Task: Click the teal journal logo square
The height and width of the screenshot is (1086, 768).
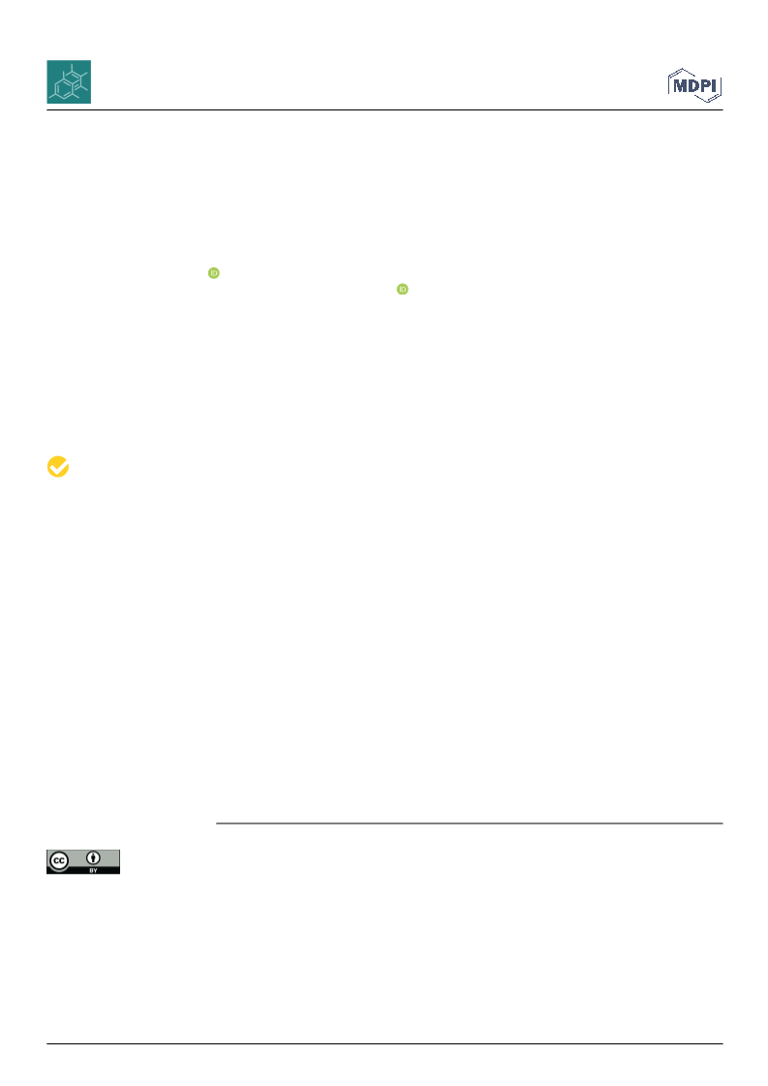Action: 69,81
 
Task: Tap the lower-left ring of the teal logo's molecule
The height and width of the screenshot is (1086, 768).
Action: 63,89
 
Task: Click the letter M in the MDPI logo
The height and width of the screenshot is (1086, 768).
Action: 680,86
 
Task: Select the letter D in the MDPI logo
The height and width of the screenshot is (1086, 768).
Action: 694,86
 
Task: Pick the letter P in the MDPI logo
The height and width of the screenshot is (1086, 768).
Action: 707,86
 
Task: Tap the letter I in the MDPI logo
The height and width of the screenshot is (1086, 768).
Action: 716,86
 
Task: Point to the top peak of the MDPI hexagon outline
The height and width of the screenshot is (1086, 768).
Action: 683,69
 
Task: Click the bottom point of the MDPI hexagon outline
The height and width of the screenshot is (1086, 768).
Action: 709,103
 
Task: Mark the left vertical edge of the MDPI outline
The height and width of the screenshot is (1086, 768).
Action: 669,84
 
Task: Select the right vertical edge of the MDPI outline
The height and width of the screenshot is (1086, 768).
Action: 721,86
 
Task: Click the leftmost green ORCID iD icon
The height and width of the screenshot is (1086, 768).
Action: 214,273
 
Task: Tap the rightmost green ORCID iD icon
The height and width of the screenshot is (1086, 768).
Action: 402,290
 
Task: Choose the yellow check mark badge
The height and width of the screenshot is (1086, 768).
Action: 58,467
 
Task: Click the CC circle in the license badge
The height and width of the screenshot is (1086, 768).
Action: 59,861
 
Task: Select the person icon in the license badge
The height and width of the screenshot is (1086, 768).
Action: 94,859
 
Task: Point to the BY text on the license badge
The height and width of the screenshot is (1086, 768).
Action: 94,870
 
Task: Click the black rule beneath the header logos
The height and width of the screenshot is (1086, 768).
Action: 384,110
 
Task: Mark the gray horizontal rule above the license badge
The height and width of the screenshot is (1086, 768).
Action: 470,823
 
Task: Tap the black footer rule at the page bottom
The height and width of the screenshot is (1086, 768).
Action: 384,1043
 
